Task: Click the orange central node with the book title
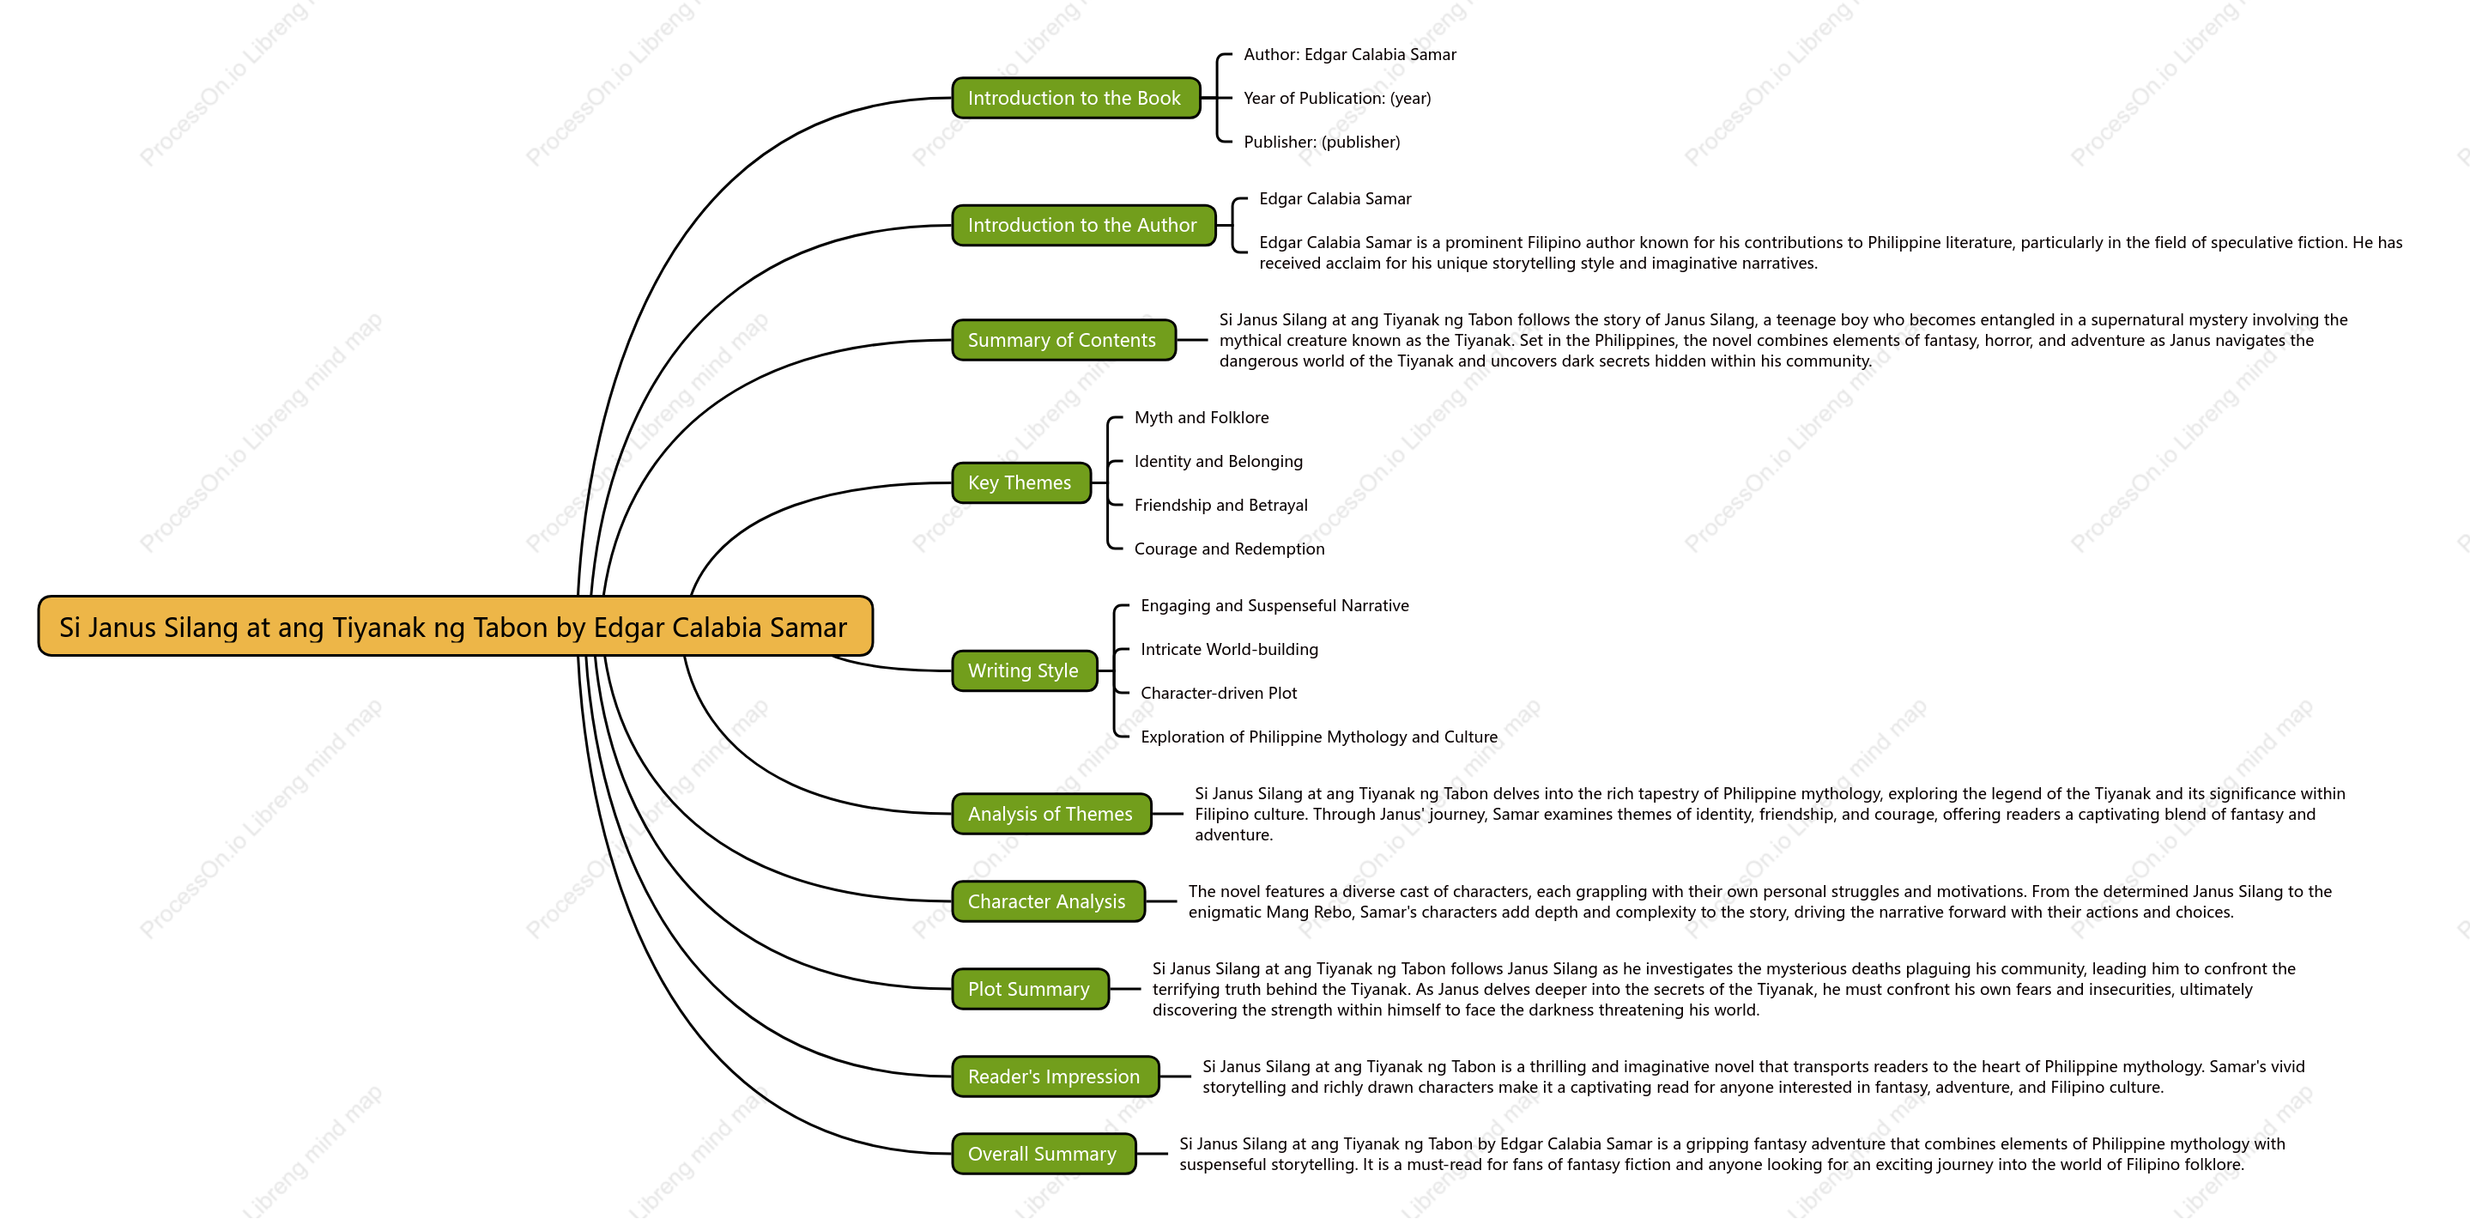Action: [x=456, y=626]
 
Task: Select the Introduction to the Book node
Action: [x=1076, y=98]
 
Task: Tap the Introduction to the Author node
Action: [x=1083, y=225]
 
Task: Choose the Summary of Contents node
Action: [x=1063, y=340]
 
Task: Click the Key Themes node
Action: [x=1021, y=482]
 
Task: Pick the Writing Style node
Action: [x=1024, y=670]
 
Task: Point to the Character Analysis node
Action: [x=1048, y=901]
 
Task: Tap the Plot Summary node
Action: [x=1030, y=988]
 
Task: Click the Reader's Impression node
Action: [x=1055, y=1076]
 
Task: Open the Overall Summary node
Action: [x=1044, y=1154]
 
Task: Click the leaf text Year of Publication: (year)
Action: [x=1336, y=98]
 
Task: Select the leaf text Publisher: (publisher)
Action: [x=1322, y=142]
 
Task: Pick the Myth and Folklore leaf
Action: [x=1202, y=417]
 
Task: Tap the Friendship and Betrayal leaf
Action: [x=1220, y=506]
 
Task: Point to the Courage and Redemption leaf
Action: [x=1229, y=549]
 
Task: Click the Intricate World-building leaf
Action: [x=1229, y=649]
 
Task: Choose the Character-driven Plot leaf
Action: [x=1218, y=693]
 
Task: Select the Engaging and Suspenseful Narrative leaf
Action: [x=1274, y=605]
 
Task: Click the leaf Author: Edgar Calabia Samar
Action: [x=1349, y=55]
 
